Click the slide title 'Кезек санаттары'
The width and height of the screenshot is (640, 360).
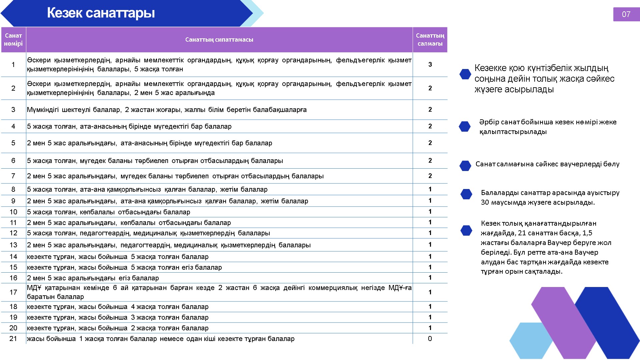(x=101, y=13)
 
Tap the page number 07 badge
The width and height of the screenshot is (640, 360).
(x=626, y=14)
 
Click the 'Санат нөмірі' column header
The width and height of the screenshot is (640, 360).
(x=13, y=40)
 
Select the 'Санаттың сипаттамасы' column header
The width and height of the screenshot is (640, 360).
(x=219, y=40)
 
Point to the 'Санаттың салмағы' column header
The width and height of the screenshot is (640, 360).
(x=430, y=40)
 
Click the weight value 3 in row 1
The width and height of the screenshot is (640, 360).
(x=430, y=64)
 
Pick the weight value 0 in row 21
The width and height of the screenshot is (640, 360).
(x=430, y=339)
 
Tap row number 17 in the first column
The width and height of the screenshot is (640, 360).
(x=13, y=292)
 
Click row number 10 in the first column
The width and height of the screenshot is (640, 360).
(x=13, y=212)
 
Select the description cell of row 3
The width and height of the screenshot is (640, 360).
(x=167, y=110)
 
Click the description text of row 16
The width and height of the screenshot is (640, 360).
(x=93, y=278)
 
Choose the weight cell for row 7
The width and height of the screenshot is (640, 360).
(x=430, y=176)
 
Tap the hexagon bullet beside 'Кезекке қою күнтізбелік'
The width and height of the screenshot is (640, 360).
(x=465, y=74)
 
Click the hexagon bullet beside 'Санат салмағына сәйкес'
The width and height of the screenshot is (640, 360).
(x=465, y=165)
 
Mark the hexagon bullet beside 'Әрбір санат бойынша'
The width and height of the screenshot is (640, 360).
(x=465, y=126)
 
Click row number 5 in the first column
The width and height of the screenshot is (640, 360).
(x=13, y=143)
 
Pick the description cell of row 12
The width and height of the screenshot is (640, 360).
(x=148, y=233)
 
